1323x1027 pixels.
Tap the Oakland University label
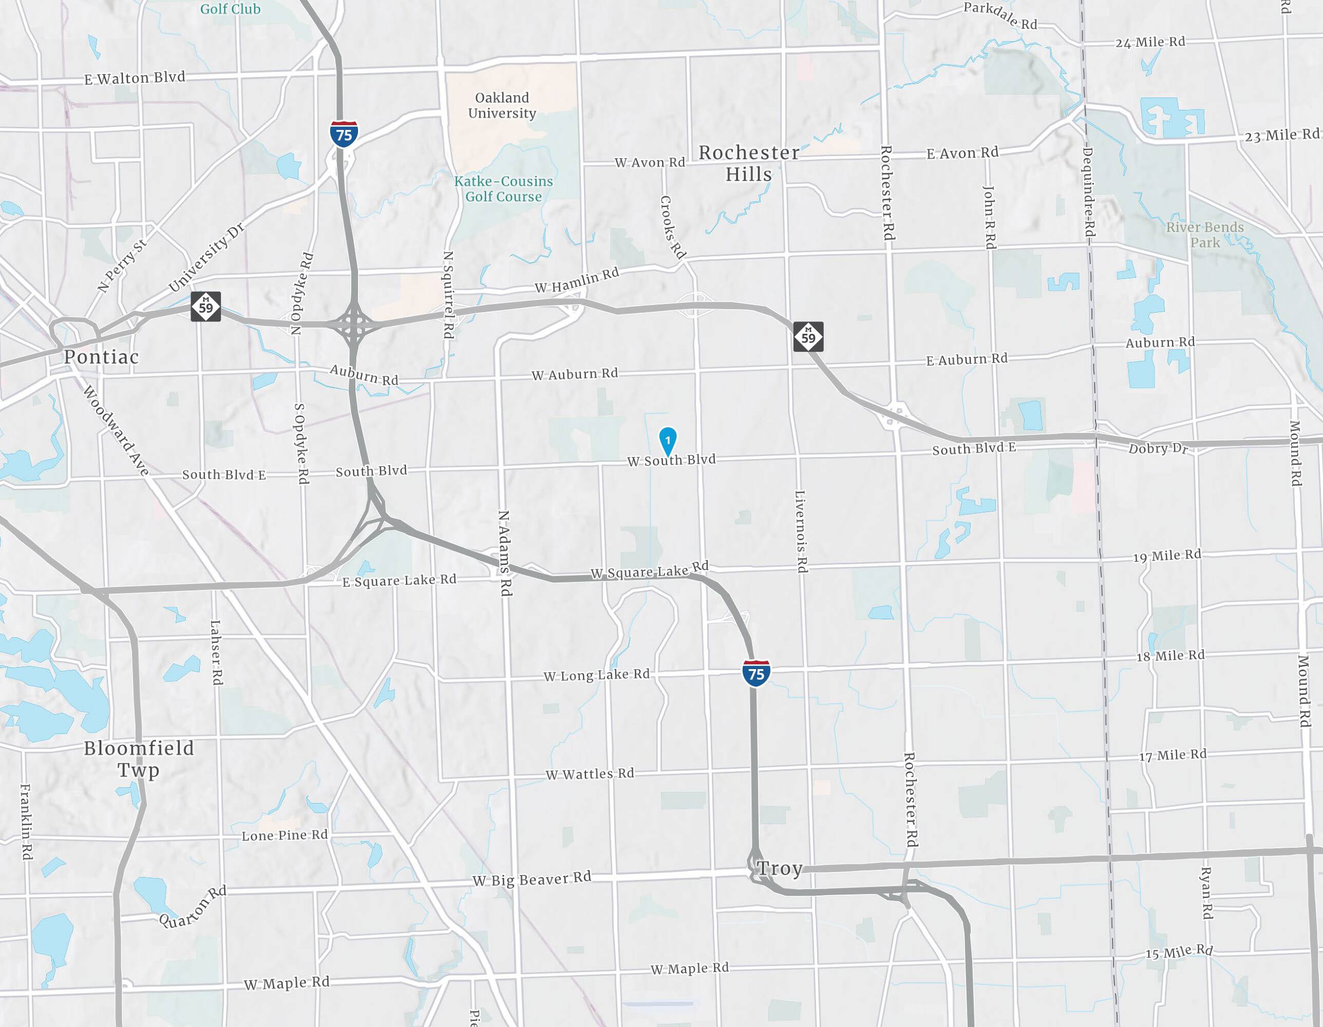click(502, 105)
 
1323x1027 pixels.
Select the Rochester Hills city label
click(749, 163)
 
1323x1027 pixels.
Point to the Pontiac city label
click(102, 357)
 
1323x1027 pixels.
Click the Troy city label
click(780, 868)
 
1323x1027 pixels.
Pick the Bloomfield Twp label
click(139, 759)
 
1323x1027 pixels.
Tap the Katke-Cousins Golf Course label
click(503, 189)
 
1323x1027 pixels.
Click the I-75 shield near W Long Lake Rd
click(756, 673)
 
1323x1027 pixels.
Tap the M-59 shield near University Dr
click(206, 307)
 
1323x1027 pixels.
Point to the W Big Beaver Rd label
click(531, 879)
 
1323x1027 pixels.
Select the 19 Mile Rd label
click(1167, 555)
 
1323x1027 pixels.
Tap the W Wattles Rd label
click(590, 774)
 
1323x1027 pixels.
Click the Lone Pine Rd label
click(285, 835)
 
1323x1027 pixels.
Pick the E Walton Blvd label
click(135, 78)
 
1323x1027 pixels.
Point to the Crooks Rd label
click(672, 226)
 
